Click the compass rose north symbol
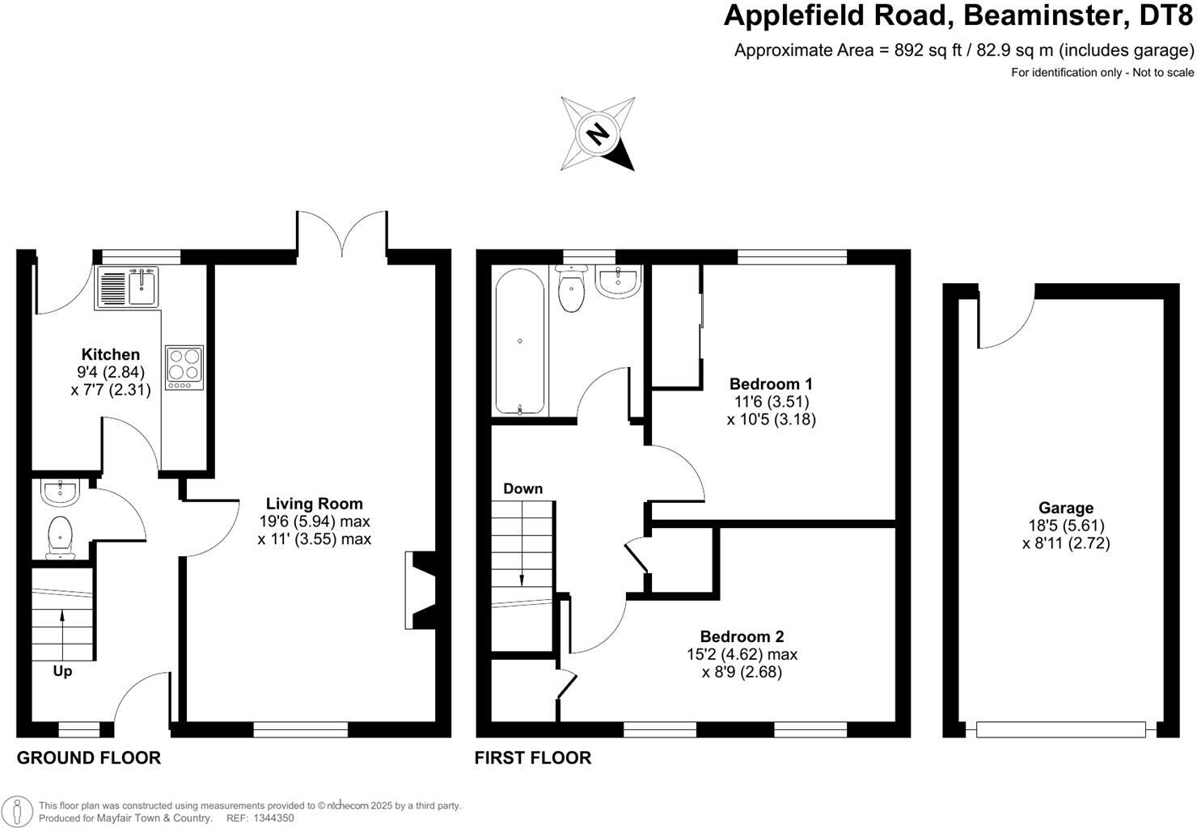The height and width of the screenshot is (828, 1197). click(x=598, y=133)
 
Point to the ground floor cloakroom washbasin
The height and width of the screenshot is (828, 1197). click(x=58, y=491)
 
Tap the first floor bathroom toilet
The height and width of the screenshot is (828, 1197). click(x=573, y=291)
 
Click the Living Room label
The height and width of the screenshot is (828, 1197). click(x=314, y=504)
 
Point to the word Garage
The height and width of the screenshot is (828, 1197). click(x=1066, y=508)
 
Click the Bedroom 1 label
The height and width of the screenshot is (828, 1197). click(x=771, y=383)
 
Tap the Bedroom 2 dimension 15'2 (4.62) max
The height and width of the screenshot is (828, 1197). click(x=742, y=654)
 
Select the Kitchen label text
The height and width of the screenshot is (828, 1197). click(x=111, y=354)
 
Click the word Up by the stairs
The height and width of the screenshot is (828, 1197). click(x=62, y=671)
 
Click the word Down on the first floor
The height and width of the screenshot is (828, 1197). click(x=522, y=488)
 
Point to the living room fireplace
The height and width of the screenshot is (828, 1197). click(x=421, y=590)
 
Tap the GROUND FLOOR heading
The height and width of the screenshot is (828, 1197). click(x=89, y=758)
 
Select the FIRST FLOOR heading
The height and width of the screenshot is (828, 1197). click(x=532, y=758)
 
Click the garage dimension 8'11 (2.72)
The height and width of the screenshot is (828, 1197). click(x=1066, y=543)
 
